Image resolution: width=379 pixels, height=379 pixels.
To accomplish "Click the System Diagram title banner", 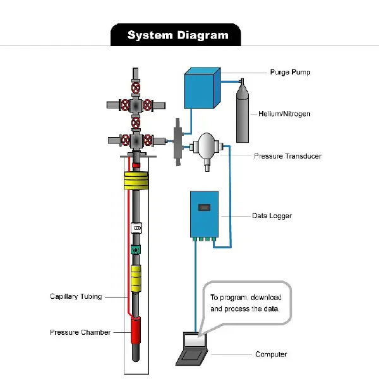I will (x=177, y=35).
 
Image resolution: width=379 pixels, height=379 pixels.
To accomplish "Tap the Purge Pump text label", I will (x=290, y=73).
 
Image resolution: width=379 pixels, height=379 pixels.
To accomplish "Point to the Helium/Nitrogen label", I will (x=284, y=114).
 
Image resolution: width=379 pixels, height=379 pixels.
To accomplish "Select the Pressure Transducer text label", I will (x=287, y=156).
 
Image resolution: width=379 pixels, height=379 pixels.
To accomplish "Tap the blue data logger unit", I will (x=204, y=215).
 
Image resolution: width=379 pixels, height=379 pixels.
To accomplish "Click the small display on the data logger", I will (x=204, y=207).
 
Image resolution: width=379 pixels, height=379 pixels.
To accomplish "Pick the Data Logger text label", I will (x=272, y=216).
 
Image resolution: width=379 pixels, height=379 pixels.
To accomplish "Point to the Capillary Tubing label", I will (x=76, y=296).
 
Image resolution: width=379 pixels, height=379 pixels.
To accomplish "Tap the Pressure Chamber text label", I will (x=80, y=332).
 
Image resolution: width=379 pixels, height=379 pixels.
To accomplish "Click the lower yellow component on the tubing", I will (x=136, y=278).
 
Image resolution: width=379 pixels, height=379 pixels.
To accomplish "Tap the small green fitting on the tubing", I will (x=135, y=250).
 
